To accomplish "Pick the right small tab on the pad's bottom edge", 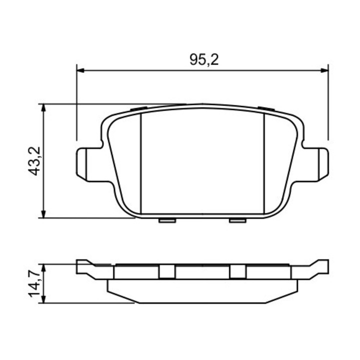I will tap(237, 220).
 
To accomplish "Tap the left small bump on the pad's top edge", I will tap(137, 108).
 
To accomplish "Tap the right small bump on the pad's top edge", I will tap(266, 108).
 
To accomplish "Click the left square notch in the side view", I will tap(166, 271).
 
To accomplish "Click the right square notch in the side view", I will tap(237, 271).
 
